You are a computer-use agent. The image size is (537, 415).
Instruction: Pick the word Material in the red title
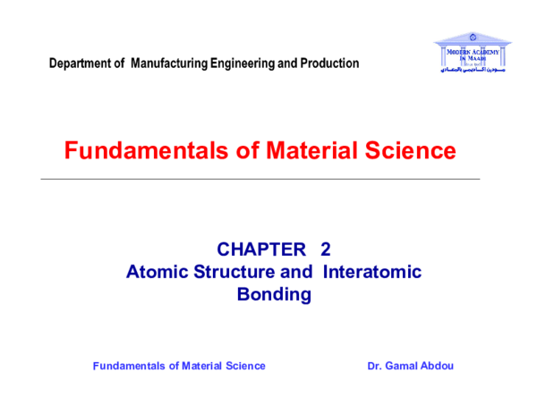(x=286, y=151)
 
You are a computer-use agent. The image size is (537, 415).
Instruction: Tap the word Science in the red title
(x=408, y=151)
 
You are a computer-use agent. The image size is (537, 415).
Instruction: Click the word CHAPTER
(x=261, y=250)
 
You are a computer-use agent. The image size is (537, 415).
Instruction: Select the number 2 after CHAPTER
(x=325, y=250)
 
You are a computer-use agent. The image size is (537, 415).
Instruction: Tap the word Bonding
(x=274, y=293)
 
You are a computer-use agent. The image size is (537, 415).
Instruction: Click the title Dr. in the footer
(x=375, y=366)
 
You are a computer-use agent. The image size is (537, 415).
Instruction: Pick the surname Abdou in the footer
(x=439, y=366)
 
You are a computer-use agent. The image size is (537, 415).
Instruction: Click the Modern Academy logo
(x=472, y=53)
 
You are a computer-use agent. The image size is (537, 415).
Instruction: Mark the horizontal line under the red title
(x=260, y=179)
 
